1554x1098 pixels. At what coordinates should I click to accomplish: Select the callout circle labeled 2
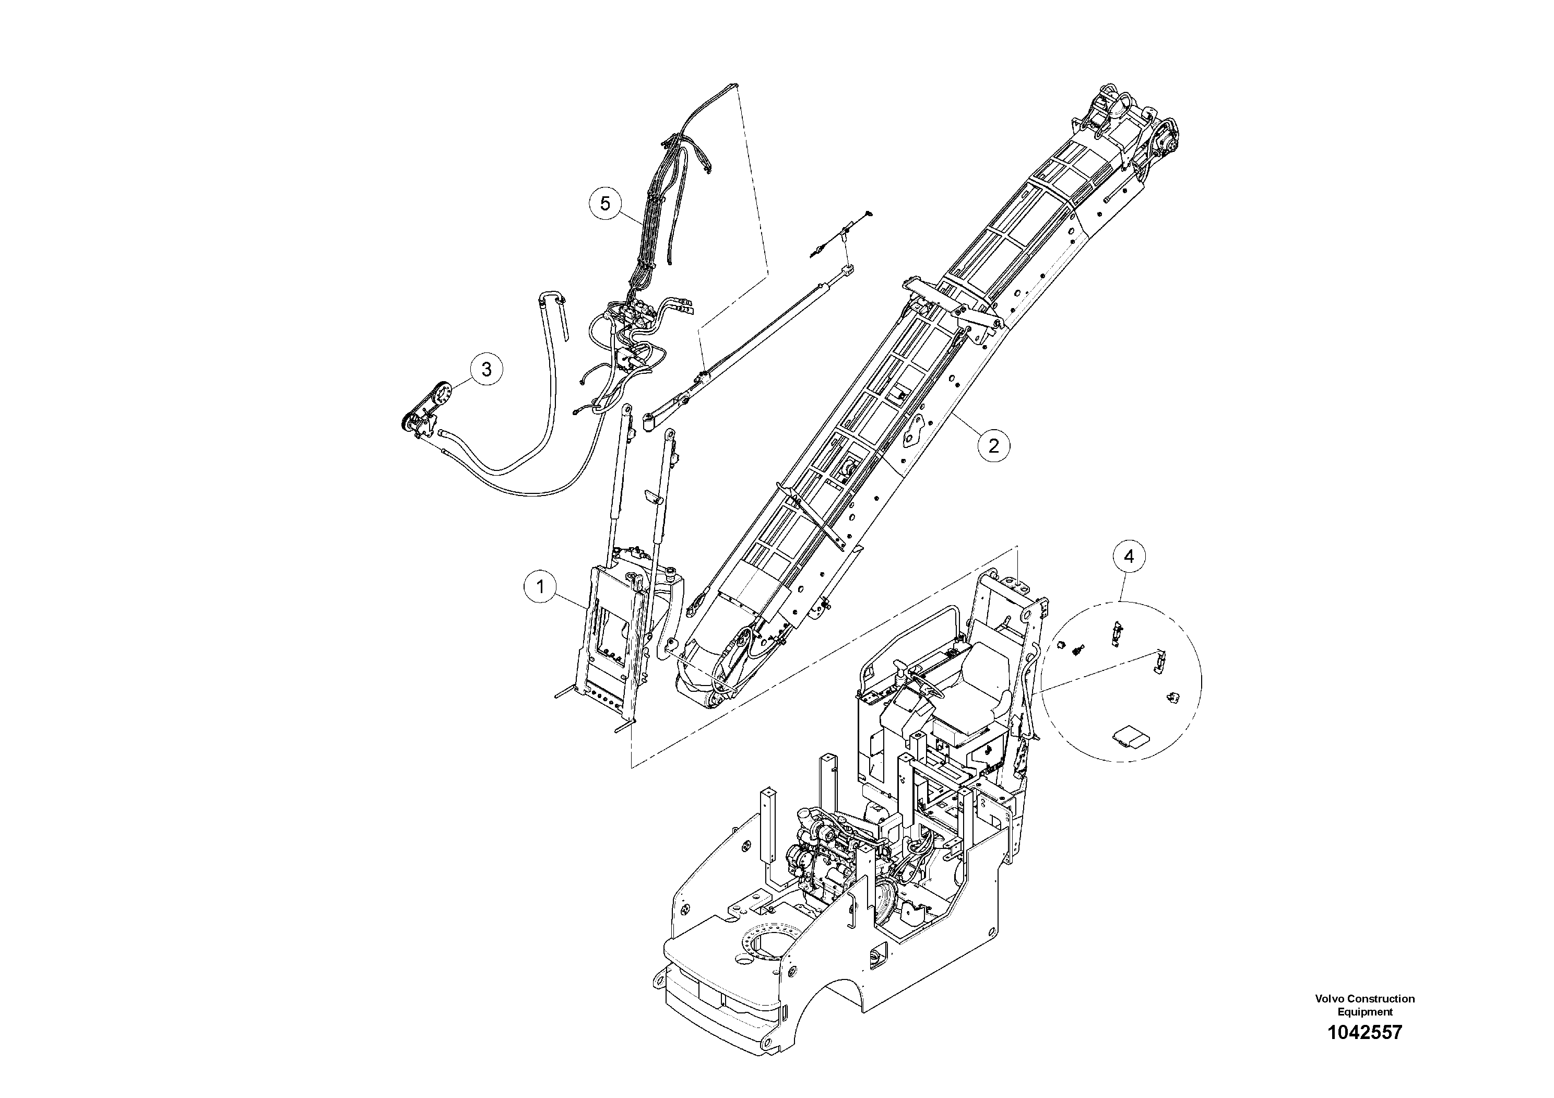pyautogui.click(x=993, y=445)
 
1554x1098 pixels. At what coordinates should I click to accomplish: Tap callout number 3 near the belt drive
pyautogui.click(x=486, y=370)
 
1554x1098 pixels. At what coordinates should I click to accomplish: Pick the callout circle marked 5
pyautogui.click(x=605, y=203)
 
